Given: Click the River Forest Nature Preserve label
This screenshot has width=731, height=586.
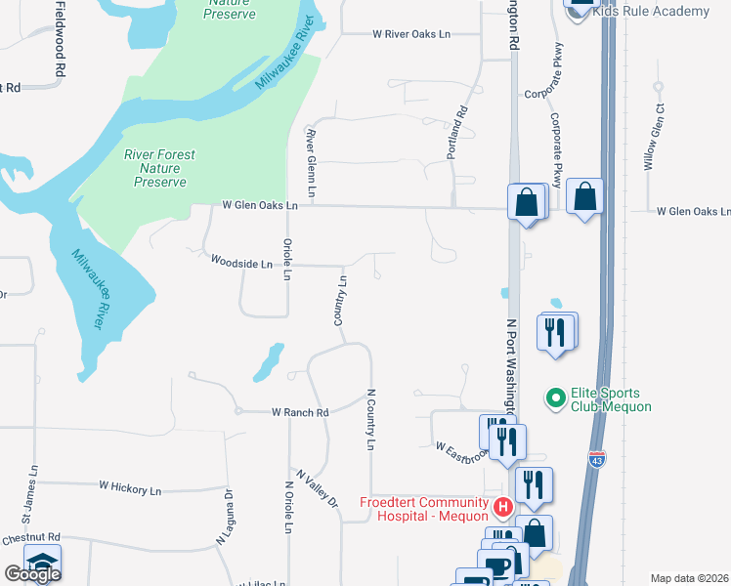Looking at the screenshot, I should (159, 168).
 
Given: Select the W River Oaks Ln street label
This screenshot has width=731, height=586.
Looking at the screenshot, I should (411, 34).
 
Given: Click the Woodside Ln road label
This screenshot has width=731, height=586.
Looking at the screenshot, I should (241, 263).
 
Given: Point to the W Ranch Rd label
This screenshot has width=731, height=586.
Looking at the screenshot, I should (299, 413).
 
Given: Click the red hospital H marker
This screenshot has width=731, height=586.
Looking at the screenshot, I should (502, 508).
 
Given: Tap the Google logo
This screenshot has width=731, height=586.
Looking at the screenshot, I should (33, 574).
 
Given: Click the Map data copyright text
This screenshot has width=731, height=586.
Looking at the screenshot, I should (690, 578).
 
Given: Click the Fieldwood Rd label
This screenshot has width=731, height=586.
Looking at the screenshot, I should (60, 39).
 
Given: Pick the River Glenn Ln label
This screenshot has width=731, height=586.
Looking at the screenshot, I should (312, 162).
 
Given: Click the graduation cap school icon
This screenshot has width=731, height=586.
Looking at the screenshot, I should (42, 563).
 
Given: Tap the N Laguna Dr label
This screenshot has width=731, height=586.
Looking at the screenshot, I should (226, 518).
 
